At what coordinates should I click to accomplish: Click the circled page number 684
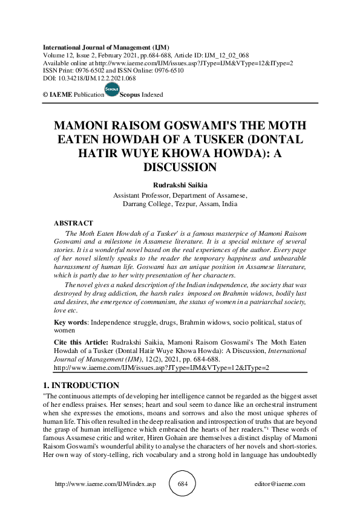click(186, 484)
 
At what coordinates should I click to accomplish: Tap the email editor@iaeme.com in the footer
click(281, 484)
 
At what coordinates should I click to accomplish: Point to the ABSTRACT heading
click(74, 224)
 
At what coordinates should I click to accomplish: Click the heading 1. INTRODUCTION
click(81, 385)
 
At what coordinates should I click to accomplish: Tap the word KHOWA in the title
click(215, 152)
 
